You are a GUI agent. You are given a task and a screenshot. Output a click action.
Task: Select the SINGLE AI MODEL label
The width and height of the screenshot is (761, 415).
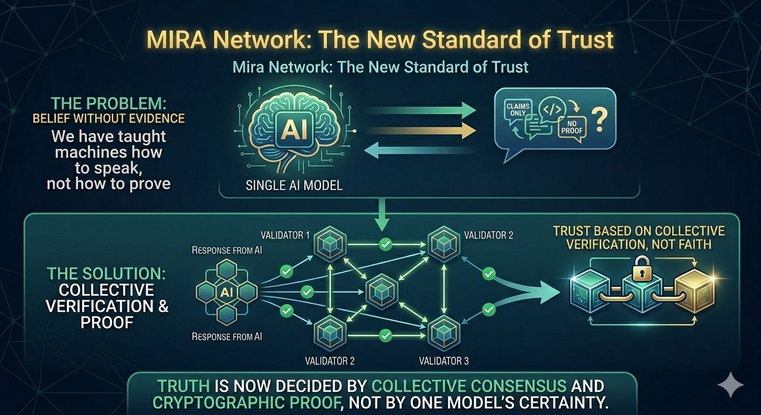(294, 185)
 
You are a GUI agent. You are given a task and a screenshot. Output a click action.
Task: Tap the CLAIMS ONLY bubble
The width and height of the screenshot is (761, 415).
(518, 110)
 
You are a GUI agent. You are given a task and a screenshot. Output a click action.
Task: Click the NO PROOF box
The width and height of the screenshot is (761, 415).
(572, 128)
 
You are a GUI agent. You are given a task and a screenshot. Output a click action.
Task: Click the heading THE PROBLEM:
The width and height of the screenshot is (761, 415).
(97, 104)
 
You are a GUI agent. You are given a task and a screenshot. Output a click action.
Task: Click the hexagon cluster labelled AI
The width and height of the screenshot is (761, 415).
(226, 292)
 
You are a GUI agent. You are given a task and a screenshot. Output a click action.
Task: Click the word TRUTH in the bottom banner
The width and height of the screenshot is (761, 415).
(179, 386)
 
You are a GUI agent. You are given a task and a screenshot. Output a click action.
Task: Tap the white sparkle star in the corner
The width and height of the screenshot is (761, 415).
(730, 384)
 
